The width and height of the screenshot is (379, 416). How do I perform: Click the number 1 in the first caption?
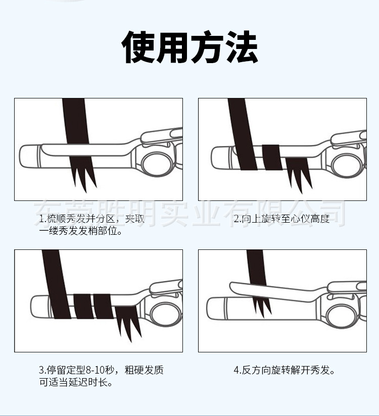point(42,219)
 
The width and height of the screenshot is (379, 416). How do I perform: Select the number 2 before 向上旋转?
point(236,219)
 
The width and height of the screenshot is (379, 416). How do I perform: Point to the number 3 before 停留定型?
point(42,370)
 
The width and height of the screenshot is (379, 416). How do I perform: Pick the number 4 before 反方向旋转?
point(236,370)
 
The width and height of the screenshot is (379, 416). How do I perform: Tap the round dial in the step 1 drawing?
point(155,163)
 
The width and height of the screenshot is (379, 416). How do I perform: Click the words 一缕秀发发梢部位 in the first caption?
point(81,232)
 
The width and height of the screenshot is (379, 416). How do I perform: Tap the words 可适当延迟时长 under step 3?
point(75,382)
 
